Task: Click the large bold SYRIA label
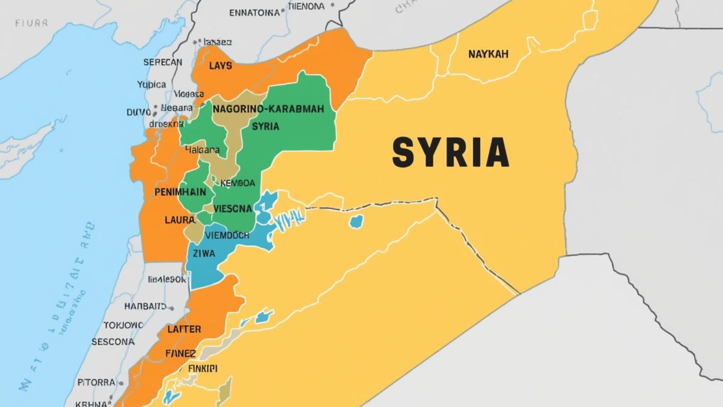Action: pos(450,153)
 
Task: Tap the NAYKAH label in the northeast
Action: pos(488,54)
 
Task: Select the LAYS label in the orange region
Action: pos(220,66)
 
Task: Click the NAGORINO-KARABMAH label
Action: pos(268,109)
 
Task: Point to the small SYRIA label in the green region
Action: pos(265,127)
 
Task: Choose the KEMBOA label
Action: pos(237,184)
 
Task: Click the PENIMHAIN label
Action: pos(180,192)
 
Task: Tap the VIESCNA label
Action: pos(232,208)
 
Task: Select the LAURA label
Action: pos(180,220)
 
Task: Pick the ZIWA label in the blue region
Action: pos(204,254)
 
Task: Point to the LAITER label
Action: pos(184,329)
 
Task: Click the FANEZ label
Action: pos(180,353)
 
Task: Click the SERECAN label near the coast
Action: pos(163,62)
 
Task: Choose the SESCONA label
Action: pos(113,342)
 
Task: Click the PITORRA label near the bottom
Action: pos(96,383)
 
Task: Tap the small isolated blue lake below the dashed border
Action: pos(356,221)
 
